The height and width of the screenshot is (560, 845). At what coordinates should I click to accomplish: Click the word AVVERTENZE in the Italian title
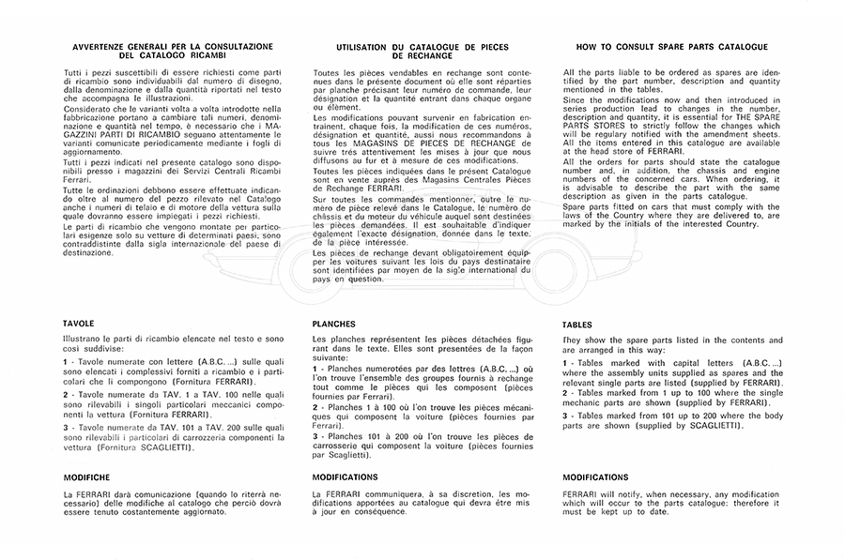click(99, 45)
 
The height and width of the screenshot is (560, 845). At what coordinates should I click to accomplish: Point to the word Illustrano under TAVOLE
click(83, 338)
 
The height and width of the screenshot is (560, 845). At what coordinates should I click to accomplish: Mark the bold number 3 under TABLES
click(566, 416)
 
